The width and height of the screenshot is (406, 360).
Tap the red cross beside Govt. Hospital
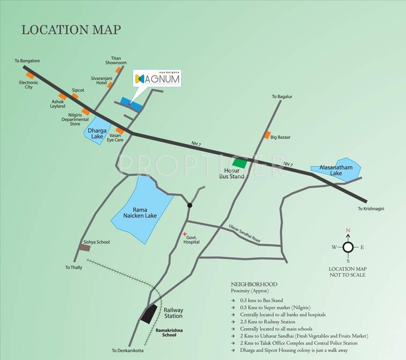(x=185, y=234)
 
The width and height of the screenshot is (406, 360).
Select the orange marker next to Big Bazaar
(x=267, y=135)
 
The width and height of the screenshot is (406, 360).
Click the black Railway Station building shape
(x=149, y=313)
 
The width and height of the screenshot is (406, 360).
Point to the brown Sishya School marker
(x=84, y=247)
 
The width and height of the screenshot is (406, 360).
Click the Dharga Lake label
(x=97, y=133)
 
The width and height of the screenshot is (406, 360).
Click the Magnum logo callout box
(x=157, y=79)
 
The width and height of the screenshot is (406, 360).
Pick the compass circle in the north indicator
(x=348, y=247)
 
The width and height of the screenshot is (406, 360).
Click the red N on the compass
(x=348, y=231)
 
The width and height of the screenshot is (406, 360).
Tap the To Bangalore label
(x=27, y=61)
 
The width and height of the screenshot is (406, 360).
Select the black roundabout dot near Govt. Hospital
(x=190, y=205)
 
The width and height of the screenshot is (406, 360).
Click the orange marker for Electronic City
(x=30, y=75)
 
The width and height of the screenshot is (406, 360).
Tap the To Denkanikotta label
(x=127, y=351)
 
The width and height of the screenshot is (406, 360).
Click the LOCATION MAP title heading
(x=71, y=30)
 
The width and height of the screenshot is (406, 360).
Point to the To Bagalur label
(x=282, y=97)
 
